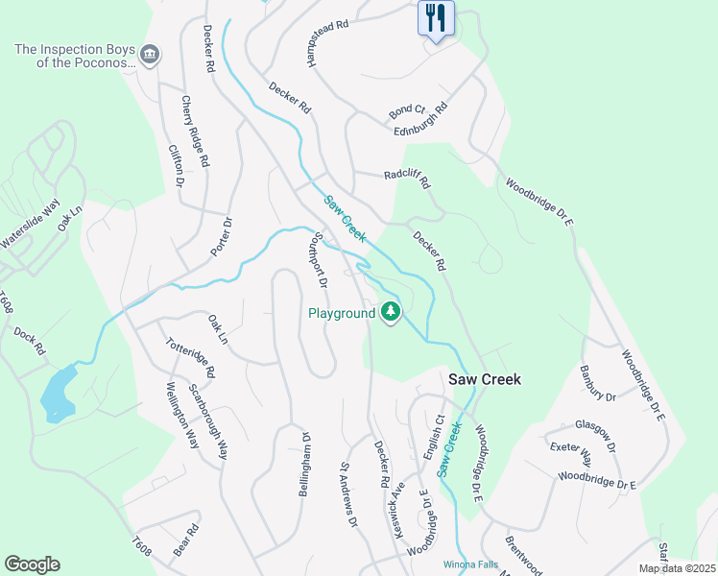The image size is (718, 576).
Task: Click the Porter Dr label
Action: click(222, 236)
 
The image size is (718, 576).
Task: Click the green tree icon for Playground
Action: click(390, 311)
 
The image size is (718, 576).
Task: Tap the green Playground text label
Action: click(341, 313)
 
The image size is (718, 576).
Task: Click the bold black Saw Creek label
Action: click(485, 379)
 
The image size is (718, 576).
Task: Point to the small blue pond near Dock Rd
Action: click(58, 394)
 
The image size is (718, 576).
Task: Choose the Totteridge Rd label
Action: click(189, 357)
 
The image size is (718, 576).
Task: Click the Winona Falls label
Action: click(470, 564)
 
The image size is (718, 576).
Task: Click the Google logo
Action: click(32, 564)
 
